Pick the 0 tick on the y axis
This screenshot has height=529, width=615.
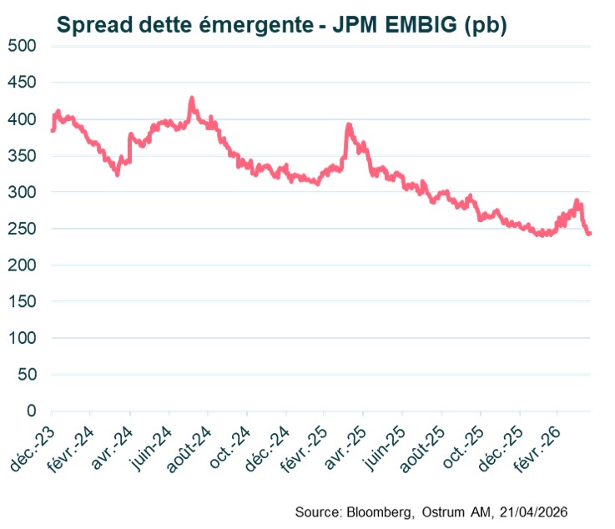click(31, 411)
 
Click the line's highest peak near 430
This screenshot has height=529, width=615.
click(192, 98)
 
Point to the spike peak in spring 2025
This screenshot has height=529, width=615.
click(349, 126)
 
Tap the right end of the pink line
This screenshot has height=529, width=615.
click(589, 234)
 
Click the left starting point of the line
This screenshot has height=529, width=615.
click(53, 130)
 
